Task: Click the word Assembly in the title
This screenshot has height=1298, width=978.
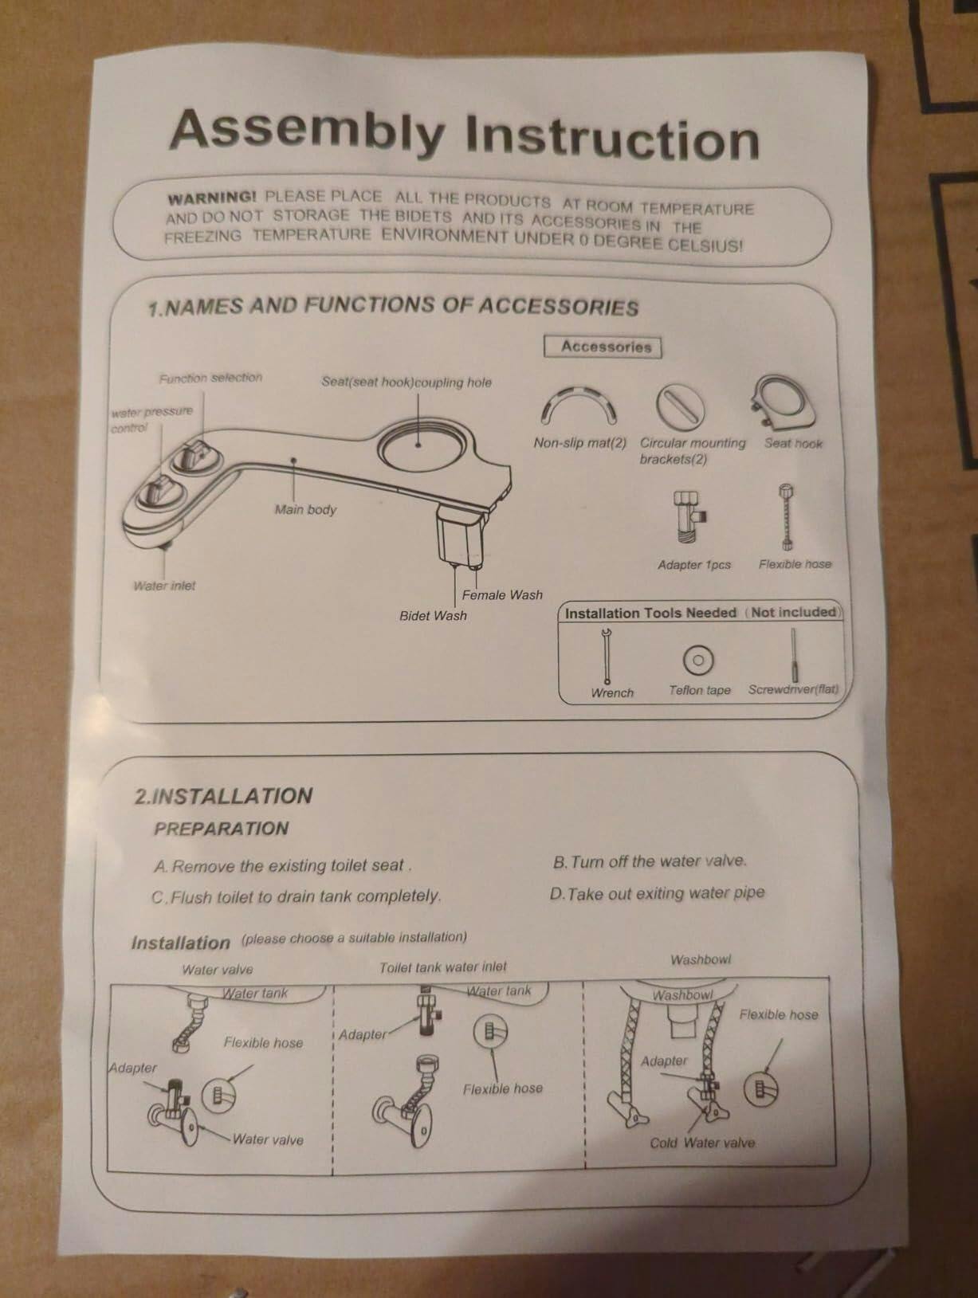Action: (308, 130)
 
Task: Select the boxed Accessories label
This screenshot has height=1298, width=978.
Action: (603, 347)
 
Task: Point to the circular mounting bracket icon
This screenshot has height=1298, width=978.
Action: (680, 407)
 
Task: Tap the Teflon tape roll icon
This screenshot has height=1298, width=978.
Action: (697, 660)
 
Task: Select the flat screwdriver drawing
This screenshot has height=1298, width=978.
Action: (794, 655)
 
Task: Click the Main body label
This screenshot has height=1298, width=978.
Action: (305, 509)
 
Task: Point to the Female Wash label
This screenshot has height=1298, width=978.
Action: (502, 595)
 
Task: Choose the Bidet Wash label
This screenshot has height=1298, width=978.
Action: (433, 616)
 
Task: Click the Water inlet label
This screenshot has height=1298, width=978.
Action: (163, 586)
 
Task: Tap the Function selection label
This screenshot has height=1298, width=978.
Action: (210, 377)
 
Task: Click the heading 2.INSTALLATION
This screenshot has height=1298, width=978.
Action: (223, 796)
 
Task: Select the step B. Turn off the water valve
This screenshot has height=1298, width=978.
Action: (650, 861)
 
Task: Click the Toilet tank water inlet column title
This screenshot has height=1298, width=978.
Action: (443, 967)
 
